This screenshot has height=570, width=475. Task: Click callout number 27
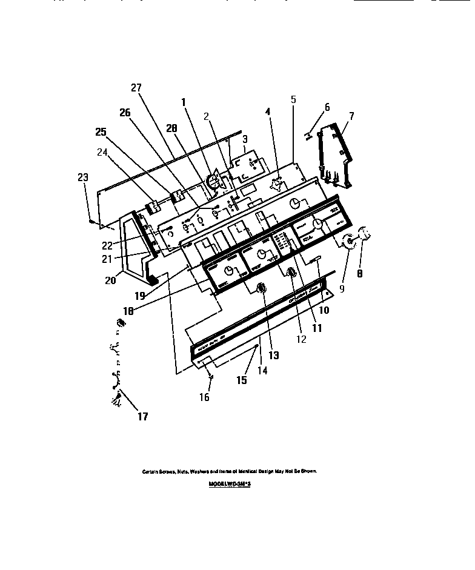[x=136, y=88]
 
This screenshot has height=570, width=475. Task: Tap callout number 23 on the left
[x=83, y=177]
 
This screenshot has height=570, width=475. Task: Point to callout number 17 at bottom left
[x=142, y=416]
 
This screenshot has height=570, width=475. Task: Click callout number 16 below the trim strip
[x=205, y=397]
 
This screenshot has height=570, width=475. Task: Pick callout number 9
[x=342, y=289]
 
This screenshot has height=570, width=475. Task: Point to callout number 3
[x=245, y=139]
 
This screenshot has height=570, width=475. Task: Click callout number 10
[x=324, y=310]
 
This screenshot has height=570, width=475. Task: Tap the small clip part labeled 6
[x=308, y=134]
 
